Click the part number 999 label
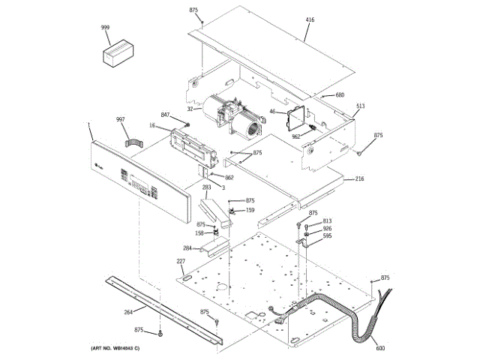click(105, 28)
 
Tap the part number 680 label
click(339, 95)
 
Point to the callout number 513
click(360, 106)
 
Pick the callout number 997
click(120, 119)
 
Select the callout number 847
click(165, 114)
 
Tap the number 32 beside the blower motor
click(190, 110)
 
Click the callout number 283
click(205, 187)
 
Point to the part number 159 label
click(250, 210)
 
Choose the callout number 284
click(187, 248)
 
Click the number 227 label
click(181, 261)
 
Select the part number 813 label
click(327, 220)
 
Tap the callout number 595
click(327, 236)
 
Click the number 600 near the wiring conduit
click(379, 348)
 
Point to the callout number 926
click(327, 229)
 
